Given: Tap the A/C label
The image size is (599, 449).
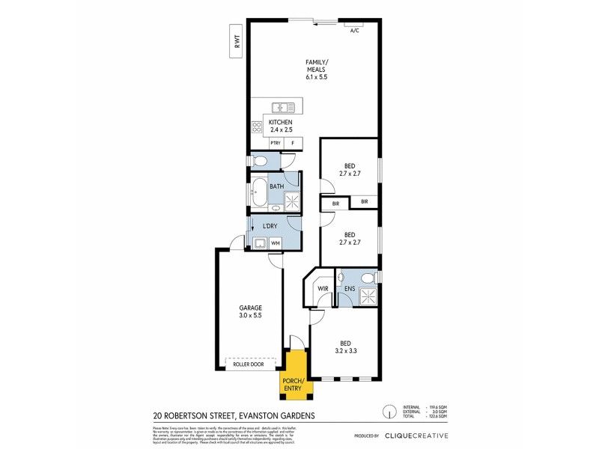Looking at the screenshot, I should pyautogui.click(x=355, y=31).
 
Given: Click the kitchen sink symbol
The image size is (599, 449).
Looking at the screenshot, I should pyautogui.click(x=281, y=107).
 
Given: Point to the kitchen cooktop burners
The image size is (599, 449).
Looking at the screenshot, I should pyautogui.click(x=256, y=126).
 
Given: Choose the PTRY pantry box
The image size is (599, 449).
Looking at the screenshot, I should pyautogui.click(x=276, y=143).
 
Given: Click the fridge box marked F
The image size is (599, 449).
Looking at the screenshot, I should pyautogui.click(x=293, y=143).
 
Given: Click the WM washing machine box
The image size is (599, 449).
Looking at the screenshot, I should pyautogui.click(x=276, y=242).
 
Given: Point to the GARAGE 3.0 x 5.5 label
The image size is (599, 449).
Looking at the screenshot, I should pyautogui.click(x=249, y=311).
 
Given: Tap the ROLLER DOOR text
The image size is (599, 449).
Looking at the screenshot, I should pyautogui.click(x=250, y=364).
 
